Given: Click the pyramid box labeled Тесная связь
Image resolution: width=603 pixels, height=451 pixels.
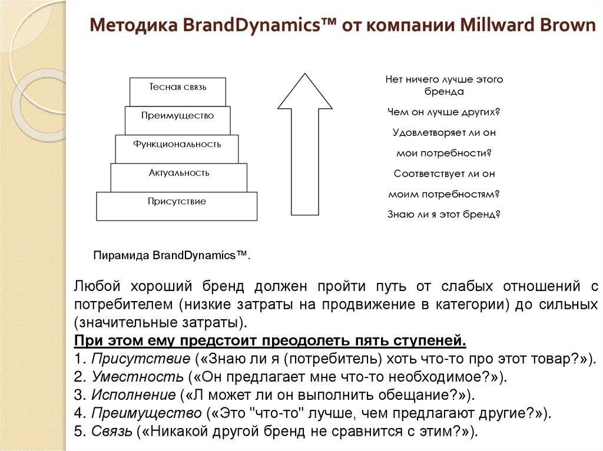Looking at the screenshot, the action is point(177,92).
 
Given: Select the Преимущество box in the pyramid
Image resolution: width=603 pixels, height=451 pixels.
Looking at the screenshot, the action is point(177,120).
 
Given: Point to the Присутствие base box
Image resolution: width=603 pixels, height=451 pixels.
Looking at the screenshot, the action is point(177,206).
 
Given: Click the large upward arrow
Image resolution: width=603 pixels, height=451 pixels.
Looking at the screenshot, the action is point(304,147).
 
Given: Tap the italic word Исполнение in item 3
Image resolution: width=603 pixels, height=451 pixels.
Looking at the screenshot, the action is point(133,395).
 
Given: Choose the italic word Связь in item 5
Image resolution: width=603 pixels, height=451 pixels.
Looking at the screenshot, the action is point(112,431).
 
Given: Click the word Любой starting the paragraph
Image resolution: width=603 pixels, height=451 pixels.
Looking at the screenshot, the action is point(97,286).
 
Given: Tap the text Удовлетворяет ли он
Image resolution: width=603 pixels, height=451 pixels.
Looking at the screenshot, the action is point(444,132).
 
